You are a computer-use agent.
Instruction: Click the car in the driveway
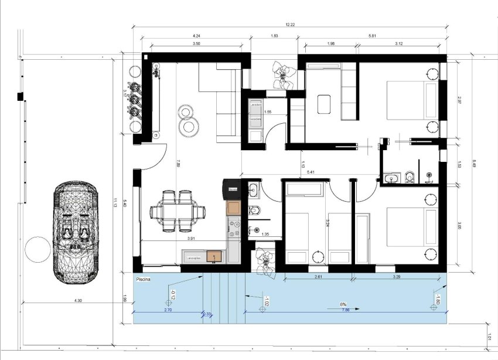click(74, 232)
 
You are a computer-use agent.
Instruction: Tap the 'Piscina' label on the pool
click(144, 280)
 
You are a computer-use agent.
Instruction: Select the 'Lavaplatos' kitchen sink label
click(193, 256)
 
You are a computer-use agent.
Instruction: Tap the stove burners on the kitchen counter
click(235, 229)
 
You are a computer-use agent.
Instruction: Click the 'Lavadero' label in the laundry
click(255, 105)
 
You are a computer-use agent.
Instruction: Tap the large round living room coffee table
click(189, 125)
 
